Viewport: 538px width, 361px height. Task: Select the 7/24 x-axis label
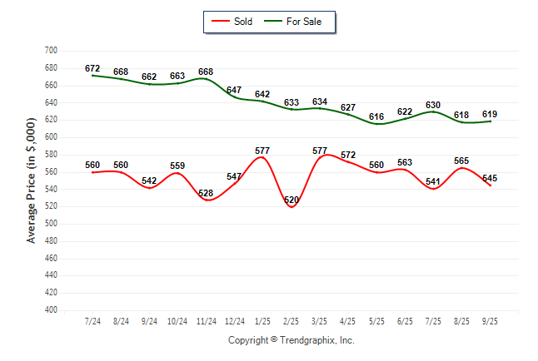point(92,321)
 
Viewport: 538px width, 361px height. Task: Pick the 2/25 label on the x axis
point(291,321)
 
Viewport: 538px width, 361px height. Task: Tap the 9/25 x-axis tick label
point(490,321)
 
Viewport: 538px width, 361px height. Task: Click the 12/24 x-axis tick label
point(234,321)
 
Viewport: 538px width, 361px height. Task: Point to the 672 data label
point(92,67)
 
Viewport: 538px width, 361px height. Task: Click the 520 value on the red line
point(291,200)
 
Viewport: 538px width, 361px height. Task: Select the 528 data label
point(206,193)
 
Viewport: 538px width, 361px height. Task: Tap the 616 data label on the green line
point(376,116)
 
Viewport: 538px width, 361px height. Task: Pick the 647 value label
point(234,90)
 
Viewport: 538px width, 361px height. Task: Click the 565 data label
point(461,161)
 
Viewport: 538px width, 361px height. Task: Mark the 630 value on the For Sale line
point(433,105)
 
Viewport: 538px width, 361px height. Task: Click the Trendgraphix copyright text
point(291,340)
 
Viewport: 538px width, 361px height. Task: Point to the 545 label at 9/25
point(490,178)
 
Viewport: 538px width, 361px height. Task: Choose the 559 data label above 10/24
point(177,166)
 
